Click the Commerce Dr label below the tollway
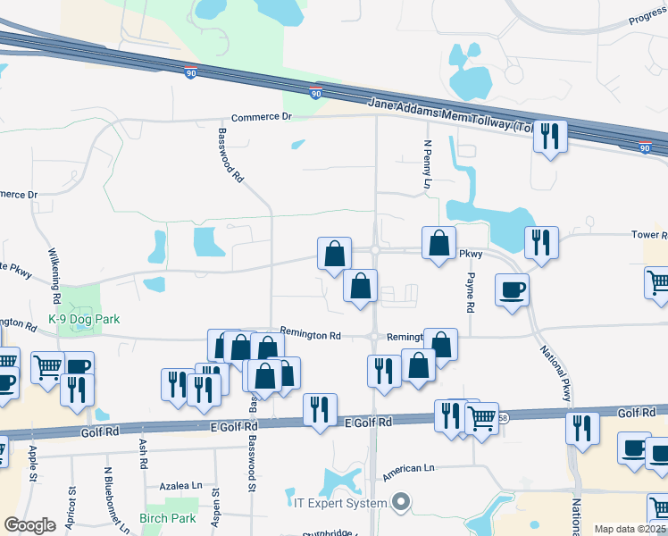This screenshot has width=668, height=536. pos(262,117)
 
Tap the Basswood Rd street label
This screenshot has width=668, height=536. pos(230,155)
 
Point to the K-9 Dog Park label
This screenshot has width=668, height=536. pos(84,319)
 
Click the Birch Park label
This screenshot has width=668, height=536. pos(167,518)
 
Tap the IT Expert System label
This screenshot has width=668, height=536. pos(341,503)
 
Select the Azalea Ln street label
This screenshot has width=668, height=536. pos(181,486)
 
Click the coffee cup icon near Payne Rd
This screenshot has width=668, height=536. pos(512,289)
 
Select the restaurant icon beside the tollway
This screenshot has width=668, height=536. pos(550,137)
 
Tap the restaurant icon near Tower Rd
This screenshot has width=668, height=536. pos(541,242)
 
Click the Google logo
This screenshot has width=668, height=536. pos(29,525)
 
